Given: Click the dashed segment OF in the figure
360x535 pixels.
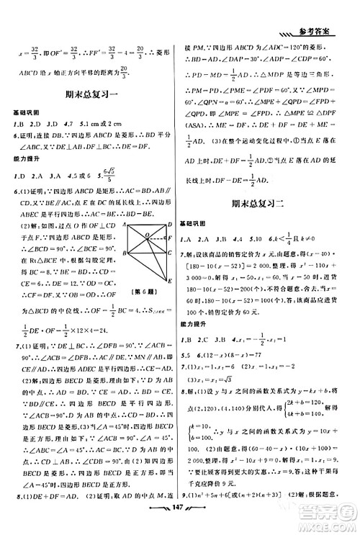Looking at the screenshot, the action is click(x=156, y=239).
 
